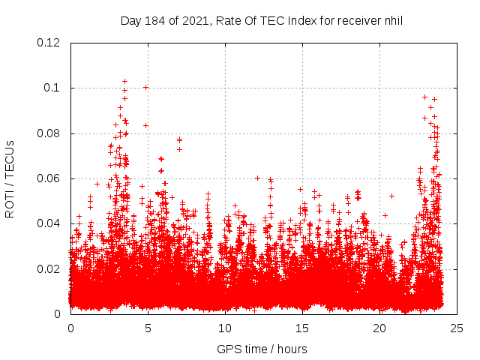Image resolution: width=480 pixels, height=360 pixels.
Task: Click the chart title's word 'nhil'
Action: point(393,21)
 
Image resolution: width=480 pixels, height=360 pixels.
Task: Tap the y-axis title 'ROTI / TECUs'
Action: point(10,178)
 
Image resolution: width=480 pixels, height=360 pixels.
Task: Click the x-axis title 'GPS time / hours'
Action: point(262,349)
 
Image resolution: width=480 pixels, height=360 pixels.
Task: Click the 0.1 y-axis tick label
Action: point(52,88)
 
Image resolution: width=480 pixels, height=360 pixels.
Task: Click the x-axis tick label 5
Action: point(148,328)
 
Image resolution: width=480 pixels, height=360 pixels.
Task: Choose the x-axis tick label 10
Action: point(225,328)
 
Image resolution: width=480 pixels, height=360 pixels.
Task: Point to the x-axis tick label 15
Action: point(302,328)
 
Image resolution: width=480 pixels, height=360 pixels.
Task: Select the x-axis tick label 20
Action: point(379,328)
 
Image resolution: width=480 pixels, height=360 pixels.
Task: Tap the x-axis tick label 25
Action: point(456,328)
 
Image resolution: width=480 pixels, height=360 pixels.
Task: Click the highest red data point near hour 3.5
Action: point(124,81)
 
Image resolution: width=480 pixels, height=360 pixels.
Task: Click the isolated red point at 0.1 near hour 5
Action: point(145,87)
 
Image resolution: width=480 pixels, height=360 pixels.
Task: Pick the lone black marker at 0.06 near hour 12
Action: point(257,178)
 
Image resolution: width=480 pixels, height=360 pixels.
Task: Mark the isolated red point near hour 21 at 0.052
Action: point(391,196)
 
